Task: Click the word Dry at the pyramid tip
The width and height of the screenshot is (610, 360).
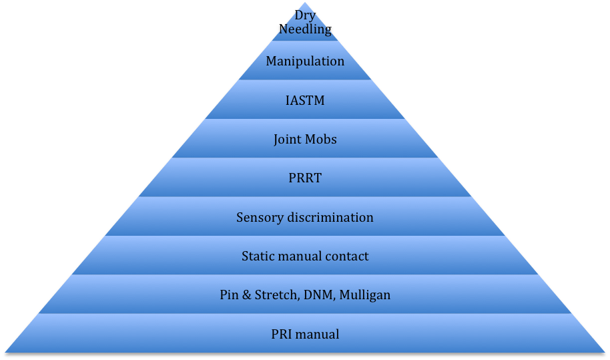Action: (305, 15)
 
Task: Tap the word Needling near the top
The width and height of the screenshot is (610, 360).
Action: (305, 29)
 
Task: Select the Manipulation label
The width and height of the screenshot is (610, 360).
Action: (305, 61)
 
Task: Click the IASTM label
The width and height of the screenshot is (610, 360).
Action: (305, 101)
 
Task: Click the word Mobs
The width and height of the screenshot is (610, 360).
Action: (322, 140)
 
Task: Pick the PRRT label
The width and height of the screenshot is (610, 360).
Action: (305, 178)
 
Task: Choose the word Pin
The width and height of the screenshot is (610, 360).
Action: (229, 295)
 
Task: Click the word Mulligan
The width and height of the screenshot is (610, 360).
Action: (364, 295)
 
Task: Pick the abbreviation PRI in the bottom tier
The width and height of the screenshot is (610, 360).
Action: (281, 334)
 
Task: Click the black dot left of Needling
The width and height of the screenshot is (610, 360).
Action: (280, 27)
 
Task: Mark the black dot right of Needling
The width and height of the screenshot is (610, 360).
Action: (330, 29)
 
